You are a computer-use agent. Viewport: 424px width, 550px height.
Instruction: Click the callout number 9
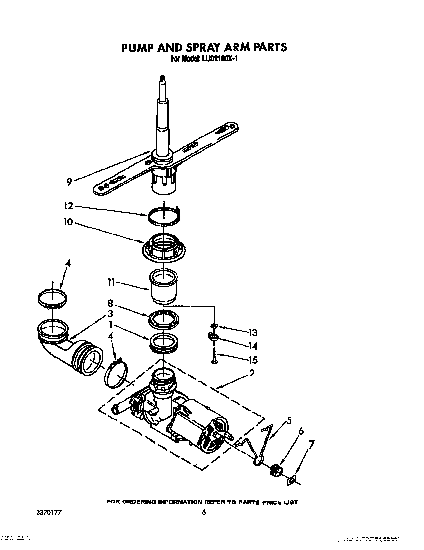tap(69, 182)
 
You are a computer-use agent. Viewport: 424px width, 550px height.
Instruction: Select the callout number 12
tap(68, 206)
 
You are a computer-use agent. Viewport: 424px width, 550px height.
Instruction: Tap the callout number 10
tap(68, 222)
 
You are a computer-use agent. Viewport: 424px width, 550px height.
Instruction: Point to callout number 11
tap(111, 283)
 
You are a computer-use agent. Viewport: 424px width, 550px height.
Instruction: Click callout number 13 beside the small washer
tap(253, 332)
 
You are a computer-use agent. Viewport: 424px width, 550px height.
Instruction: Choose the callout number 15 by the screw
tap(253, 360)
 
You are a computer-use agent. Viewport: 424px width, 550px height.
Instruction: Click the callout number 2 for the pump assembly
tap(252, 373)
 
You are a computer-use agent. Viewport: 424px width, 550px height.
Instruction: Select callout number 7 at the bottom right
tap(312, 445)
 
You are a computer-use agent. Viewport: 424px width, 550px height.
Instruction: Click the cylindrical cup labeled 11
tap(163, 287)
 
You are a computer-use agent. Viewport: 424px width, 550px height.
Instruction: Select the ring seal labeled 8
tap(163, 318)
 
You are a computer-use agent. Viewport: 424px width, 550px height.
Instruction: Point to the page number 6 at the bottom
tap(204, 513)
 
